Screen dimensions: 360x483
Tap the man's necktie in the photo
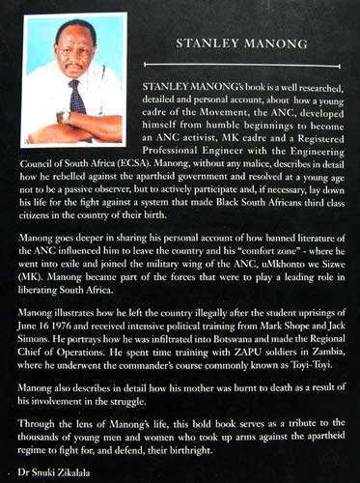click(76, 97)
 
